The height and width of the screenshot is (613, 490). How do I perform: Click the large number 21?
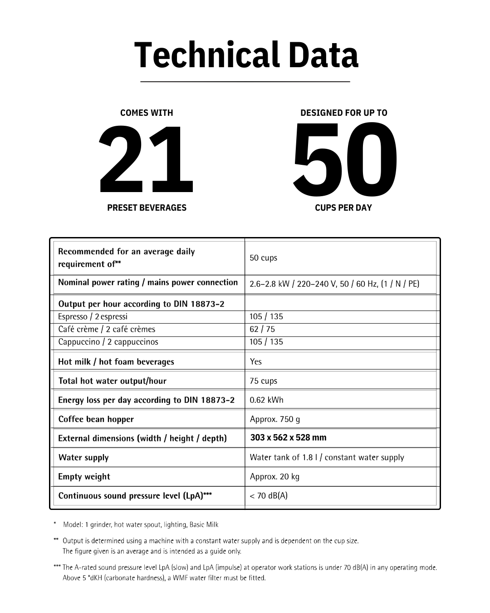pyautogui.click(x=146, y=160)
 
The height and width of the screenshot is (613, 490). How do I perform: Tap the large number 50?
pyautogui.click(x=345, y=160)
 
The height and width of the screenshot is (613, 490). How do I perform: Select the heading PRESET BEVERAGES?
pyautogui.click(x=147, y=208)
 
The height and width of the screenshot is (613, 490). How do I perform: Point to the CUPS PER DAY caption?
pyautogui.click(x=343, y=208)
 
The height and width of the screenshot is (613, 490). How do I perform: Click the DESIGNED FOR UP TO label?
pyautogui.click(x=343, y=113)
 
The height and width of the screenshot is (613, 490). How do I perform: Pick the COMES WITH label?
pyautogui.click(x=147, y=113)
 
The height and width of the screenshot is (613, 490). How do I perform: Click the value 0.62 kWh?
pyautogui.click(x=266, y=400)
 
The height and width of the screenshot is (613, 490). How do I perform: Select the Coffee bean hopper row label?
pyautogui.click(x=96, y=419)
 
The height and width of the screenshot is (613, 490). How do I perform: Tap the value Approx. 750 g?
pyautogui.click(x=275, y=419)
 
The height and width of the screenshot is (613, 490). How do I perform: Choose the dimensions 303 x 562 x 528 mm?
pyautogui.click(x=288, y=438)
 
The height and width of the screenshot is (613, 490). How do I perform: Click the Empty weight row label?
pyautogui.click(x=84, y=477)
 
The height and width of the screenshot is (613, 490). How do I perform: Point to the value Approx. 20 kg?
pyautogui.click(x=274, y=477)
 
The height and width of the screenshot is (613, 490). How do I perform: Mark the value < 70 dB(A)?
pyautogui.click(x=269, y=496)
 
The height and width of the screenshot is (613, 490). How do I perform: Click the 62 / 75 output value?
pyautogui.click(x=262, y=329)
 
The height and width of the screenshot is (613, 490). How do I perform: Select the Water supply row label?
pyautogui.click(x=83, y=458)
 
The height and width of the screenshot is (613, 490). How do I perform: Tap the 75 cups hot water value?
pyautogui.click(x=263, y=381)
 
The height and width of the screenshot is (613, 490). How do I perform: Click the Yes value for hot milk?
pyautogui.click(x=256, y=362)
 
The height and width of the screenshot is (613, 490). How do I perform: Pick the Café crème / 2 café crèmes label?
pyautogui.click(x=107, y=329)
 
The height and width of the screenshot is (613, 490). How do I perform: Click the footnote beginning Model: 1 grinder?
pyautogui.click(x=141, y=525)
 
